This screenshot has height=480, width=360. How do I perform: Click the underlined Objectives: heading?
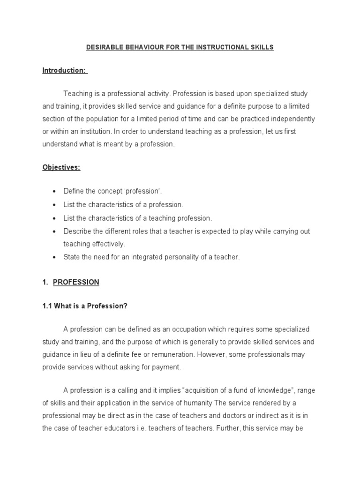[x=61, y=167]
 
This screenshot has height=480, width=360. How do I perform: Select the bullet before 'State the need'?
[x=55, y=257]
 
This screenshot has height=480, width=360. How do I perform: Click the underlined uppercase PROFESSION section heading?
[x=76, y=282]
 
